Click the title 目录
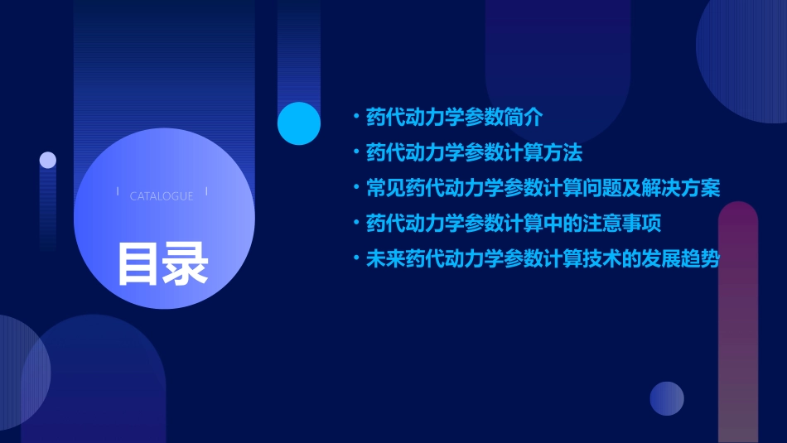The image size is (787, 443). pyautogui.click(x=162, y=263)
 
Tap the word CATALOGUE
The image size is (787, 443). pyautogui.click(x=162, y=196)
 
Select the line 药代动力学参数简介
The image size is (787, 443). pyautogui.click(x=454, y=117)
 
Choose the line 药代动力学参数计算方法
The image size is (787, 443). pyautogui.click(x=474, y=152)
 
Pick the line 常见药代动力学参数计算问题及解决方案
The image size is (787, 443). pyautogui.click(x=543, y=188)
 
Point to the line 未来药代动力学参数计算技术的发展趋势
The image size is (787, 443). pyautogui.click(x=543, y=259)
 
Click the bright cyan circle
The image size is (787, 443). pyautogui.click(x=298, y=123)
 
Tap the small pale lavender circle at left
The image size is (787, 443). pyautogui.click(x=48, y=160)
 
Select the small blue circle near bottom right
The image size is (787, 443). pyautogui.click(x=667, y=398)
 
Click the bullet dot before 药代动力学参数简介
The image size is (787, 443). pyautogui.click(x=355, y=117)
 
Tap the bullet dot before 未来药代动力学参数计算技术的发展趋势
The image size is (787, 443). pyautogui.click(x=355, y=259)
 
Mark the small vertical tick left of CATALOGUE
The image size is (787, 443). pyautogui.click(x=118, y=193)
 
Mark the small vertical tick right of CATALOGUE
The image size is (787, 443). pyautogui.click(x=205, y=193)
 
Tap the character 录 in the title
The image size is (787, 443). pyautogui.click(x=186, y=263)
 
